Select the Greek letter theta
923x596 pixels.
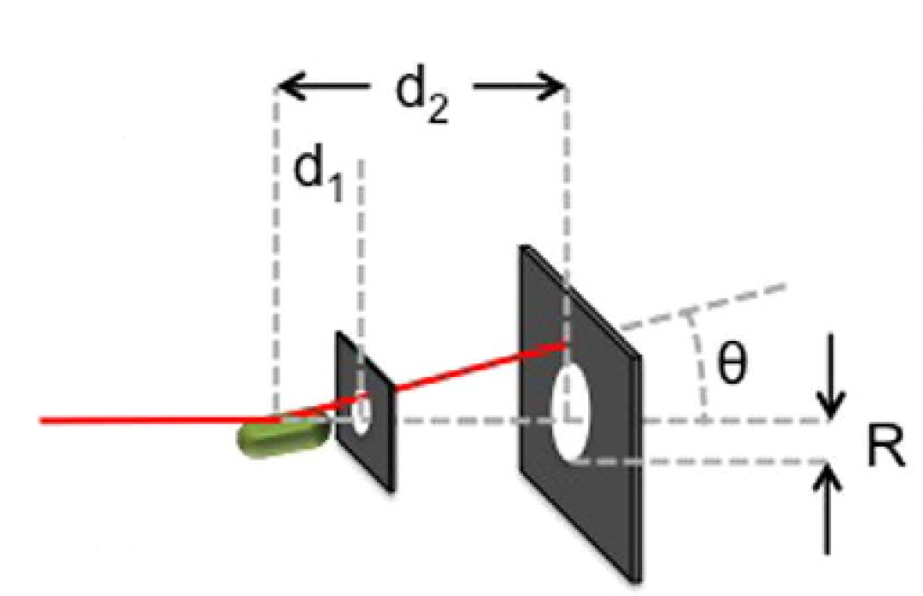coord(733,365)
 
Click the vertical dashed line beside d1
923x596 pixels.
coord(360,258)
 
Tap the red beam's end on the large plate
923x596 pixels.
coord(563,345)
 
